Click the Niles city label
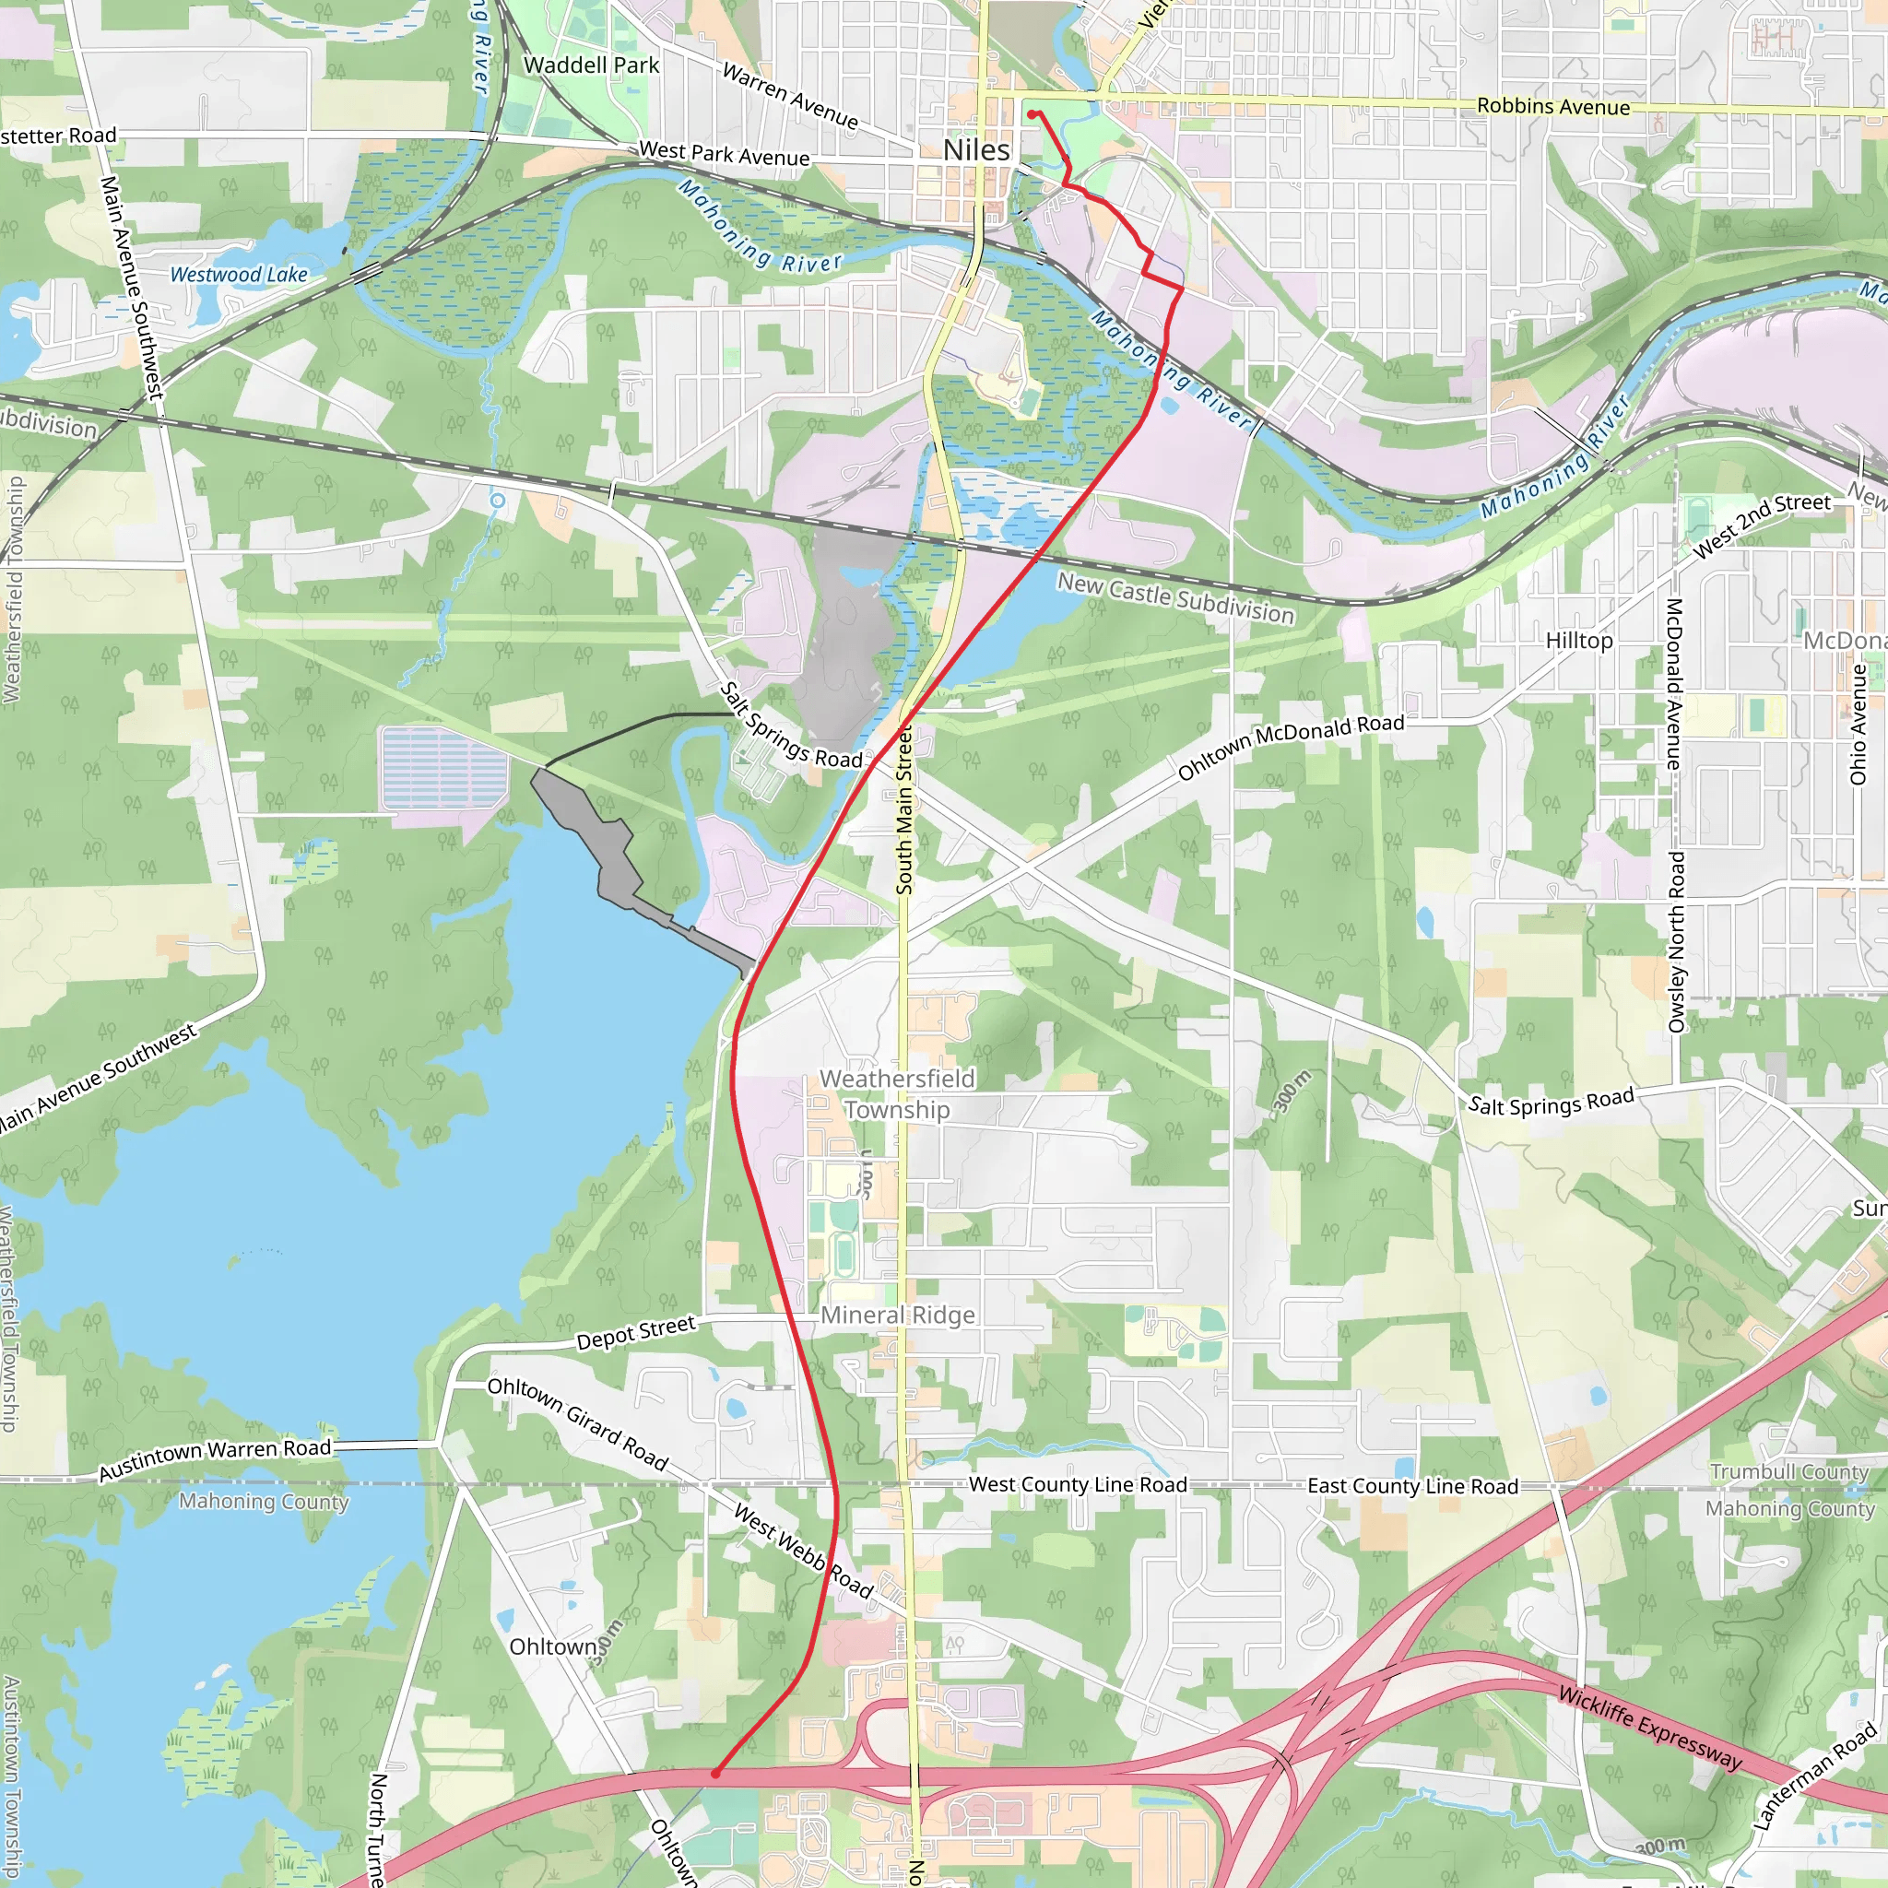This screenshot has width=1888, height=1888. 976,150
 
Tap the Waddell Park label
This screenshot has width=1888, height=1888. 591,65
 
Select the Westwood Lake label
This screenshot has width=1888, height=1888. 239,276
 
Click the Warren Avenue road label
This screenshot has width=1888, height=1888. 791,96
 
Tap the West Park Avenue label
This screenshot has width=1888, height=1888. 724,153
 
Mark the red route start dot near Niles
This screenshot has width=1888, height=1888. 1032,114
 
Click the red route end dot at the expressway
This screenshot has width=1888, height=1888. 715,1773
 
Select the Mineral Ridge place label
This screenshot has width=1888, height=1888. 897,1316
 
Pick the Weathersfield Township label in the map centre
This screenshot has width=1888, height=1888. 897,1093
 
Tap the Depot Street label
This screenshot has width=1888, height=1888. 636,1333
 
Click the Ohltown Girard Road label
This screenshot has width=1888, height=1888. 577,1423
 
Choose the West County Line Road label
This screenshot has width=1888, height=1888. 1078,1484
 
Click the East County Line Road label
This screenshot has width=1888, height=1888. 1412,1486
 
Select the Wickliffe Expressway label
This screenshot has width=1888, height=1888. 1650,1728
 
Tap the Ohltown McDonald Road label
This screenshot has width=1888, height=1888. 1291,746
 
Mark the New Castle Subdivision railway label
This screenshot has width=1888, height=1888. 1175,598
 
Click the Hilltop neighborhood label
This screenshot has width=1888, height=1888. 1579,641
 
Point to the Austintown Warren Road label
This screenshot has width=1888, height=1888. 215,1460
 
